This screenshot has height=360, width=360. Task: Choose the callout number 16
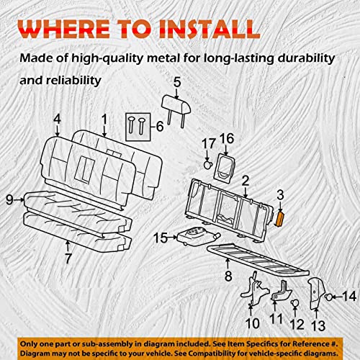[x=227, y=138]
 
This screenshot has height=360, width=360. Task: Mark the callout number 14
[x=348, y=295]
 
